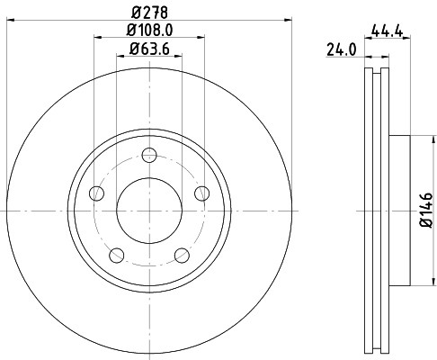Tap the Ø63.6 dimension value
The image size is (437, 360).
click(x=150, y=49)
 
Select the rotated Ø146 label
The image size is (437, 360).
click(x=427, y=212)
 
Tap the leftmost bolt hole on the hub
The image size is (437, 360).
click(x=95, y=192)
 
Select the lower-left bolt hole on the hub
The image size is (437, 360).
click(x=115, y=254)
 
